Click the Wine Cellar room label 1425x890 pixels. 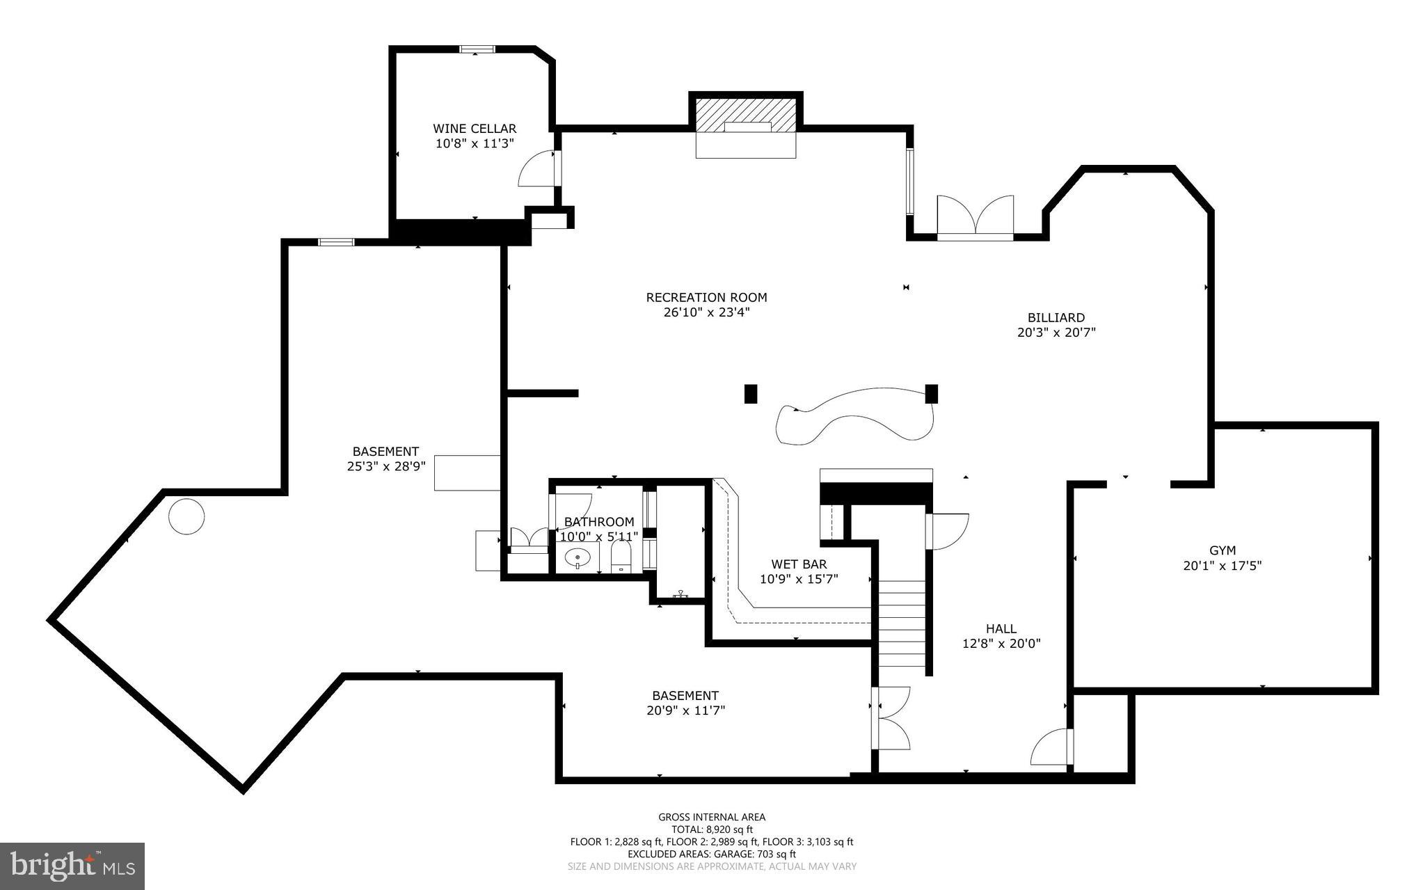pyautogui.click(x=475, y=129)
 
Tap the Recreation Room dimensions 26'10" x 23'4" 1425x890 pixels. pyautogui.click(x=706, y=312)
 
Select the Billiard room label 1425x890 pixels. pyautogui.click(x=1056, y=318)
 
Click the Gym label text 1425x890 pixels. pyautogui.click(x=1222, y=550)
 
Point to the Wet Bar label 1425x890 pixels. pyautogui.click(x=799, y=564)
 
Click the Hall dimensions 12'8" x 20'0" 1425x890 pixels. pyautogui.click(x=1001, y=644)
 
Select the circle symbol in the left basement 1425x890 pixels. pyautogui.click(x=186, y=516)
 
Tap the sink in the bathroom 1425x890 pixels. pyautogui.click(x=578, y=557)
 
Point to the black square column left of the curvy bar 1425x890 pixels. pyautogui.click(x=750, y=394)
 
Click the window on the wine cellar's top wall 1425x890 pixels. pyautogui.click(x=477, y=49)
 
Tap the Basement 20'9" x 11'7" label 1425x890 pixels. pyautogui.click(x=685, y=703)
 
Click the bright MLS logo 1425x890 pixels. pyautogui.click(x=72, y=866)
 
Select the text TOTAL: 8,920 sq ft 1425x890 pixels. pyautogui.click(x=712, y=829)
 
